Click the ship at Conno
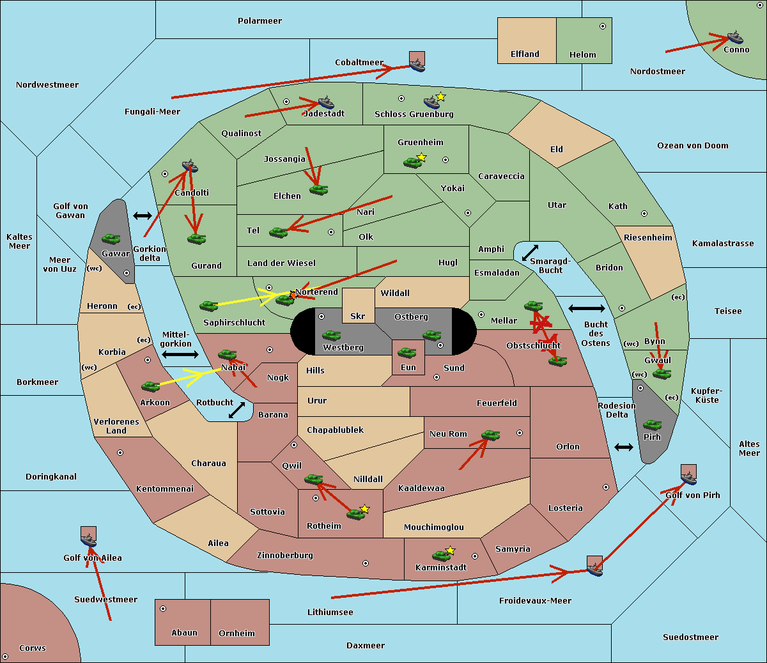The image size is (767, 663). point(735,37)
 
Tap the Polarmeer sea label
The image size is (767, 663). point(260,21)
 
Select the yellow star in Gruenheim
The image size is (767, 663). point(421,157)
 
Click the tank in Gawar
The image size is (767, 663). point(111,239)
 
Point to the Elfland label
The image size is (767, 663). point(525,54)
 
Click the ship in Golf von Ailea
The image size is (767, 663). point(88,541)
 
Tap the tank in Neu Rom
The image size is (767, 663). point(490,435)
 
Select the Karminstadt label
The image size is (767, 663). point(441,568)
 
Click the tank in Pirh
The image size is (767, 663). point(652,425)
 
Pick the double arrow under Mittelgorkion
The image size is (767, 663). point(180,354)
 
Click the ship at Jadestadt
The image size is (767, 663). point(326,103)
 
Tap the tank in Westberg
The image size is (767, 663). point(331,335)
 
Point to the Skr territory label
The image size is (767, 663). point(358,316)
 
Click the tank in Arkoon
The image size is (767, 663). point(150,386)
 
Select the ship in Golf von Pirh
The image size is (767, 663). point(688,477)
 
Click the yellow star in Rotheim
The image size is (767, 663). point(365,509)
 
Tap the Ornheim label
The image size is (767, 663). point(236,634)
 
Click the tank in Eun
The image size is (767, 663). point(407,352)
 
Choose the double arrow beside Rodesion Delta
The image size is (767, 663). point(624,447)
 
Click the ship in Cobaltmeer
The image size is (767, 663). point(417,64)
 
